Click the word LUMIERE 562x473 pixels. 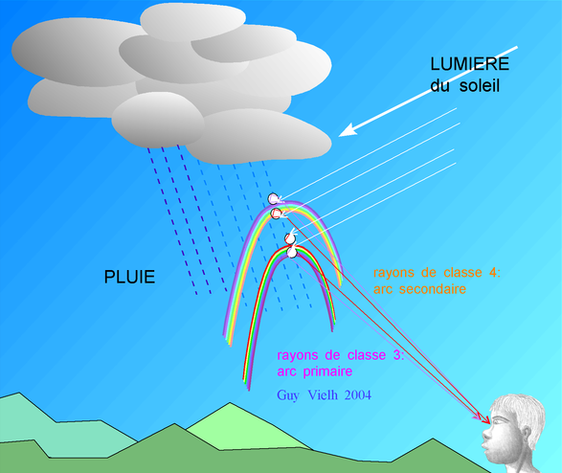coord(469,64)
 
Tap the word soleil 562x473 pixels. coord(480,86)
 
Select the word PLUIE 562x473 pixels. coord(129,277)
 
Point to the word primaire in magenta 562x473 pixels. coord(327,372)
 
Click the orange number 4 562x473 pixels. coord(493,272)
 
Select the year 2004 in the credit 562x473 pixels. coord(358,394)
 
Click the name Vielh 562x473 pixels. coord(323,394)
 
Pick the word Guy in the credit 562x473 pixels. coord(288,395)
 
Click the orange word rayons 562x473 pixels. coord(393,273)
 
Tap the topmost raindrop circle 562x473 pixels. coord(273,198)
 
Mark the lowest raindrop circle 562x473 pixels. coord(292,253)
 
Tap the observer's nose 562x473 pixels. coord(486,434)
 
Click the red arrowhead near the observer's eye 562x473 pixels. coord(485,420)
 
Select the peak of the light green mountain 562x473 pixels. coord(230,403)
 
